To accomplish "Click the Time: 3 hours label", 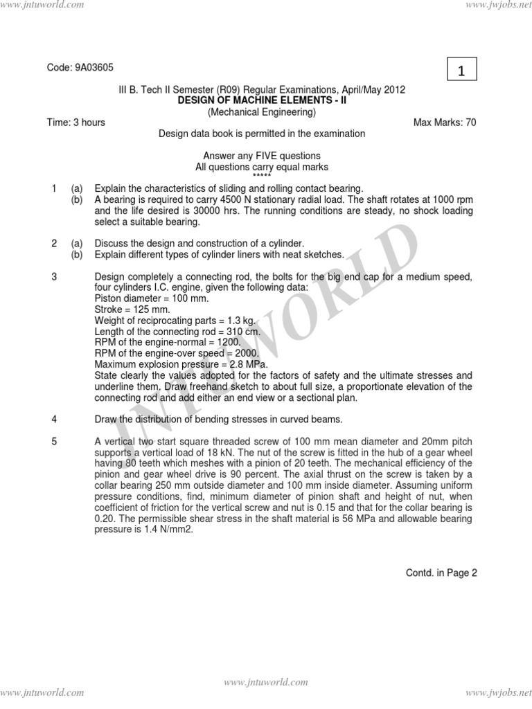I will click(76, 123).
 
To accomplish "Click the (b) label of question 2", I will click(77, 255).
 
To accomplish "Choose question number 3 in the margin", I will click(53, 277).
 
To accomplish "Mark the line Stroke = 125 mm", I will click(132, 310).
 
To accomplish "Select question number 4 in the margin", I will click(53, 420).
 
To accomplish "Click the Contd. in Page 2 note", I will click(441, 573).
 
